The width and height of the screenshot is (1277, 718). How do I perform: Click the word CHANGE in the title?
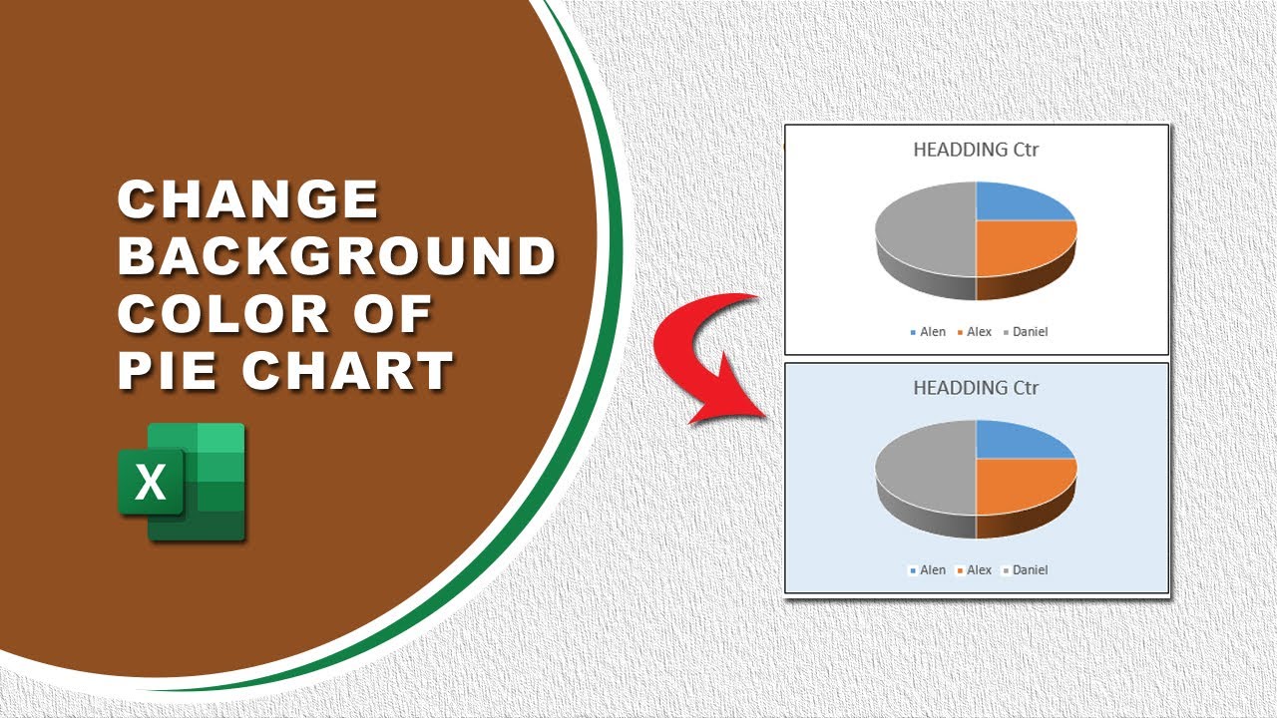(x=248, y=200)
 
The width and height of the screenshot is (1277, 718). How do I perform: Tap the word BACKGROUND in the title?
(x=337, y=257)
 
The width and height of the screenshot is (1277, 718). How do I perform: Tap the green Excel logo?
(x=182, y=482)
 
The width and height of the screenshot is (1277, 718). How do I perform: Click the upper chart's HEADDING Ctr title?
(x=976, y=151)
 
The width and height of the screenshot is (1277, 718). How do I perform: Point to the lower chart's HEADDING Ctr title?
(x=976, y=388)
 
